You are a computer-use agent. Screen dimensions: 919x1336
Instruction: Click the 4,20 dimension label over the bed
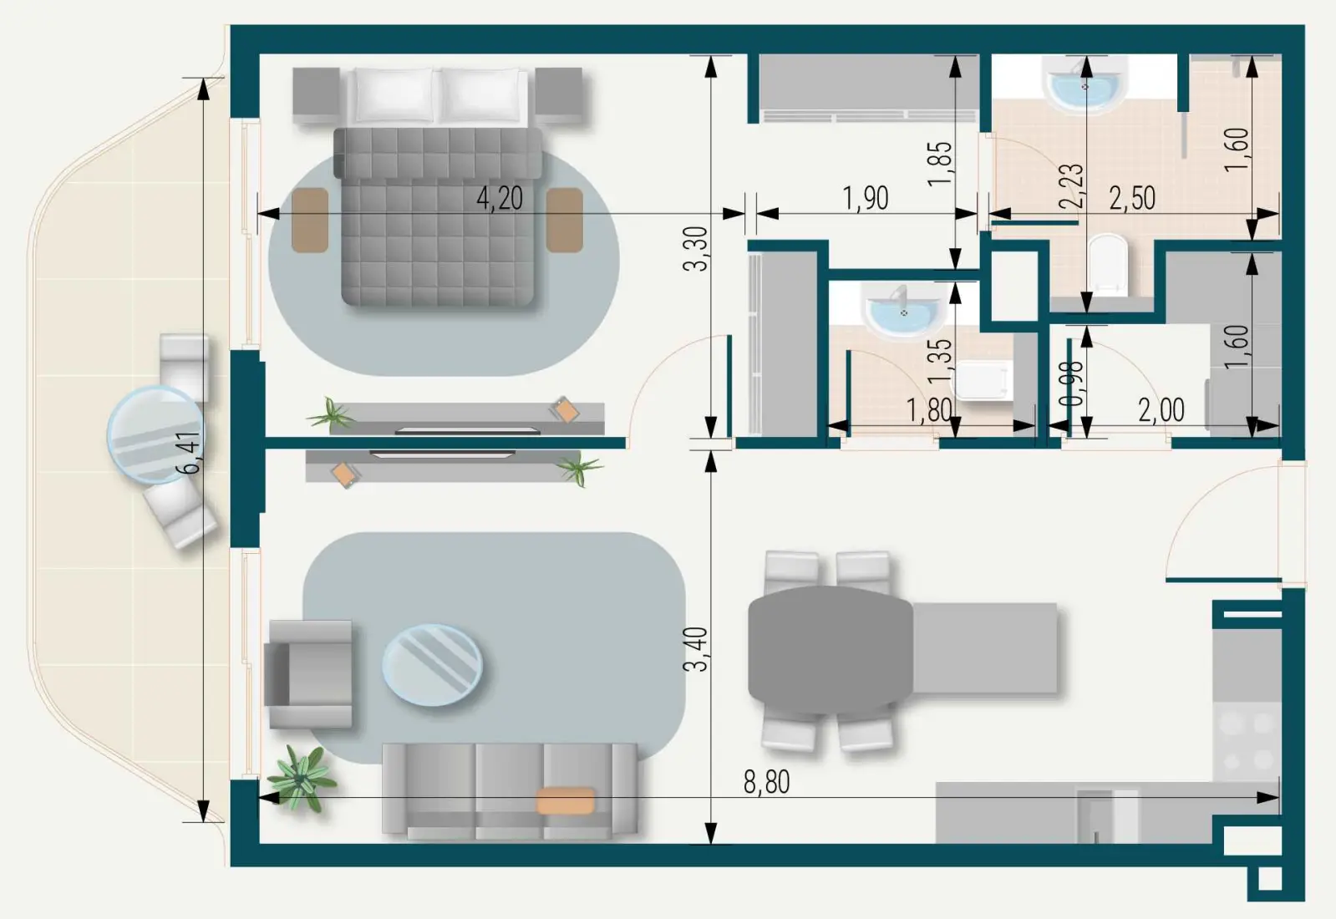[500, 199]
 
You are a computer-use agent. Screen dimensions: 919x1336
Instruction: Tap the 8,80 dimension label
[766, 783]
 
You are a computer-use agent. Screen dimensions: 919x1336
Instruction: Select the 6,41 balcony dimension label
[190, 453]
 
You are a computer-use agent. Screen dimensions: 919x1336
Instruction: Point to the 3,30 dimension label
[695, 248]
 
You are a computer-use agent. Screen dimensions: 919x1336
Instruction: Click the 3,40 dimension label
[695, 649]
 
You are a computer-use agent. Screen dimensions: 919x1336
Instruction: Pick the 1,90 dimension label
[865, 199]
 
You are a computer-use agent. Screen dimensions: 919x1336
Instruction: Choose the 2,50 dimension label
[1132, 199]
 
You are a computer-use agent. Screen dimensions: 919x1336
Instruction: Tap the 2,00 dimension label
[1161, 410]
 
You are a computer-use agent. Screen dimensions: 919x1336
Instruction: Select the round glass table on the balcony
[155, 434]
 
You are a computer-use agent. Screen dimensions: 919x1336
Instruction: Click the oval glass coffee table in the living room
[432, 665]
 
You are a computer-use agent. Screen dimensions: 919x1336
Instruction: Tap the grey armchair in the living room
[308, 674]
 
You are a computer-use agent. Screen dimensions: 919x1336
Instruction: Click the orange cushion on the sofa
[566, 800]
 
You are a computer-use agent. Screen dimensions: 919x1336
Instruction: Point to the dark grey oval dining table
[830, 650]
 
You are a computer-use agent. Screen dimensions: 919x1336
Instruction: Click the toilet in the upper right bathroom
[1108, 264]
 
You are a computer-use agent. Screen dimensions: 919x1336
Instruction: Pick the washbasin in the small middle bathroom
[903, 311]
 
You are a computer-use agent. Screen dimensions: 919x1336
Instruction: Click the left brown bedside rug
[310, 220]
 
